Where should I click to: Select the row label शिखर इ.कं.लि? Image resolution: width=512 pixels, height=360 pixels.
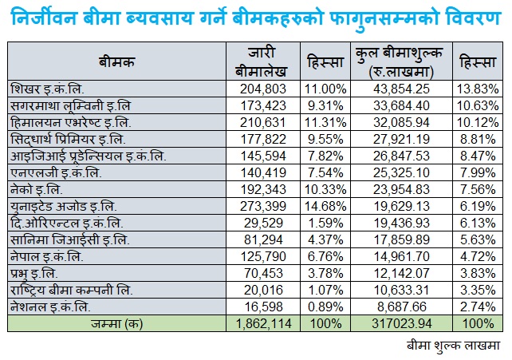point(48,88)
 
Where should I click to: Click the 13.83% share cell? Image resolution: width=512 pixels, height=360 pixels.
point(479,88)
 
